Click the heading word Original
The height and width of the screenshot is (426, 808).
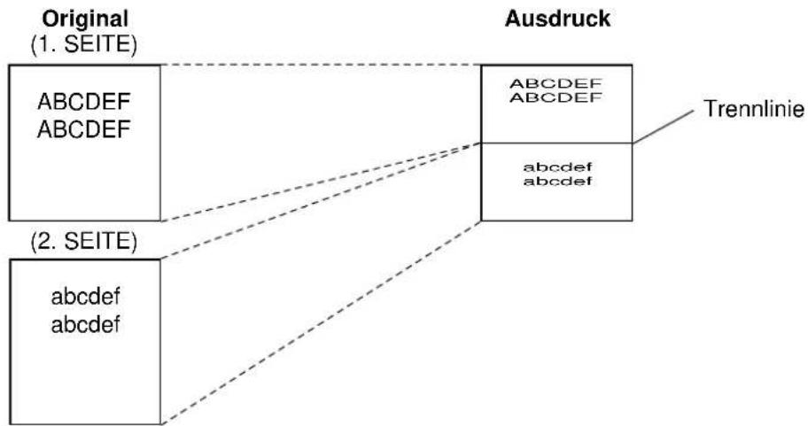tap(85, 20)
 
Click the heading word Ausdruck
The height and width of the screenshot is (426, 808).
tap(557, 19)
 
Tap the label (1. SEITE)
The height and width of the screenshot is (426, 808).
tap(84, 45)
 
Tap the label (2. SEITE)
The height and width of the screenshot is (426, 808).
tap(84, 241)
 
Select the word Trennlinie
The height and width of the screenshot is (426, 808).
tap(754, 109)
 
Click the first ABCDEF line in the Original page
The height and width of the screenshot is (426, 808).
tap(83, 102)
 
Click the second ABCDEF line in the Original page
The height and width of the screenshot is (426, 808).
tap(83, 129)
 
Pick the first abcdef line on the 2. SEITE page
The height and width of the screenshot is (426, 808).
tap(86, 297)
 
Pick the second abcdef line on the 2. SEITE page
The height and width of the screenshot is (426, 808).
tap(86, 324)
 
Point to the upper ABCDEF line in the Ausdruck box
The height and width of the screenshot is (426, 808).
tap(556, 83)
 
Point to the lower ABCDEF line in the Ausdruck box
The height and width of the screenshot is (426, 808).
tap(556, 97)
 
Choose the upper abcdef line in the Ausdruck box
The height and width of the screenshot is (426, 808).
tap(557, 167)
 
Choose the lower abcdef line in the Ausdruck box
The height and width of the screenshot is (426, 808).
tap(557, 182)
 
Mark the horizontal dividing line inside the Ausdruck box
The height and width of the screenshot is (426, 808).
tap(556, 143)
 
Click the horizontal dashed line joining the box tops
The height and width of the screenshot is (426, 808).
tap(321, 65)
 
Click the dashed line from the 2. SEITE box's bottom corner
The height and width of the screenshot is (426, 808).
tap(321, 322)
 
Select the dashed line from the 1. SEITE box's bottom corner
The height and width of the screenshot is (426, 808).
tap(321, 182)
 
